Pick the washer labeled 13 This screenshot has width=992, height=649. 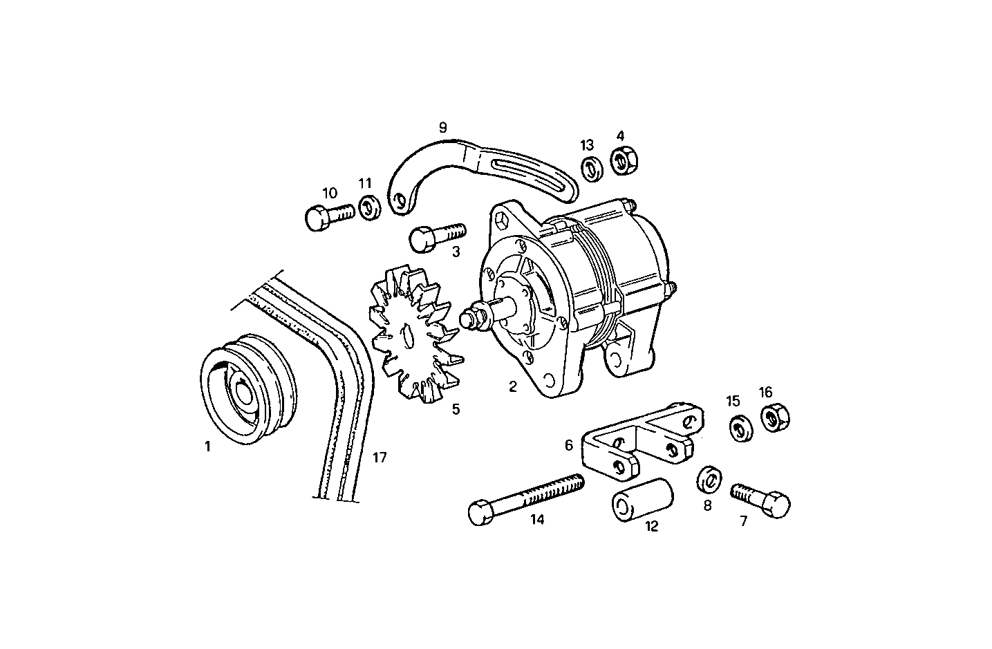click(589, 168)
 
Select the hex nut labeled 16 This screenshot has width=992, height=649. click(775, 417)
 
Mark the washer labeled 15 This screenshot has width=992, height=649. click(741, 428)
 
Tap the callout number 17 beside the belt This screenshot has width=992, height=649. click(380, 457)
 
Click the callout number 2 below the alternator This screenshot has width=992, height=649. click(512, 387)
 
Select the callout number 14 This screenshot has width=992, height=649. click(537, 520)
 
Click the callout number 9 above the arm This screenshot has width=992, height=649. click(442, 127)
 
